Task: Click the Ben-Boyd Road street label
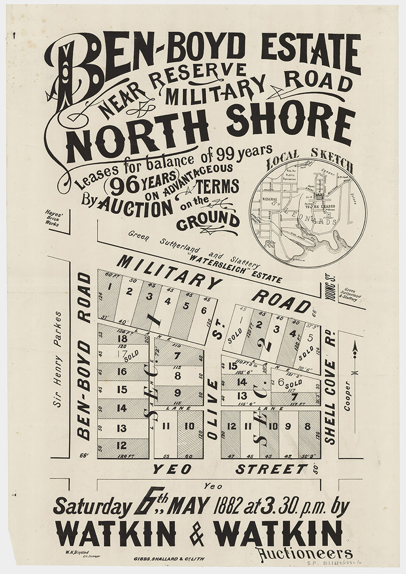point(84,356)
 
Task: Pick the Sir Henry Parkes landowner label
point(58,359)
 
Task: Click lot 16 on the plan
point(122,371)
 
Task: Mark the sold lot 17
point(122,354)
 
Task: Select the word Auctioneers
point(304,553)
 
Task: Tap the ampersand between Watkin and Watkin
point(197,532)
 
